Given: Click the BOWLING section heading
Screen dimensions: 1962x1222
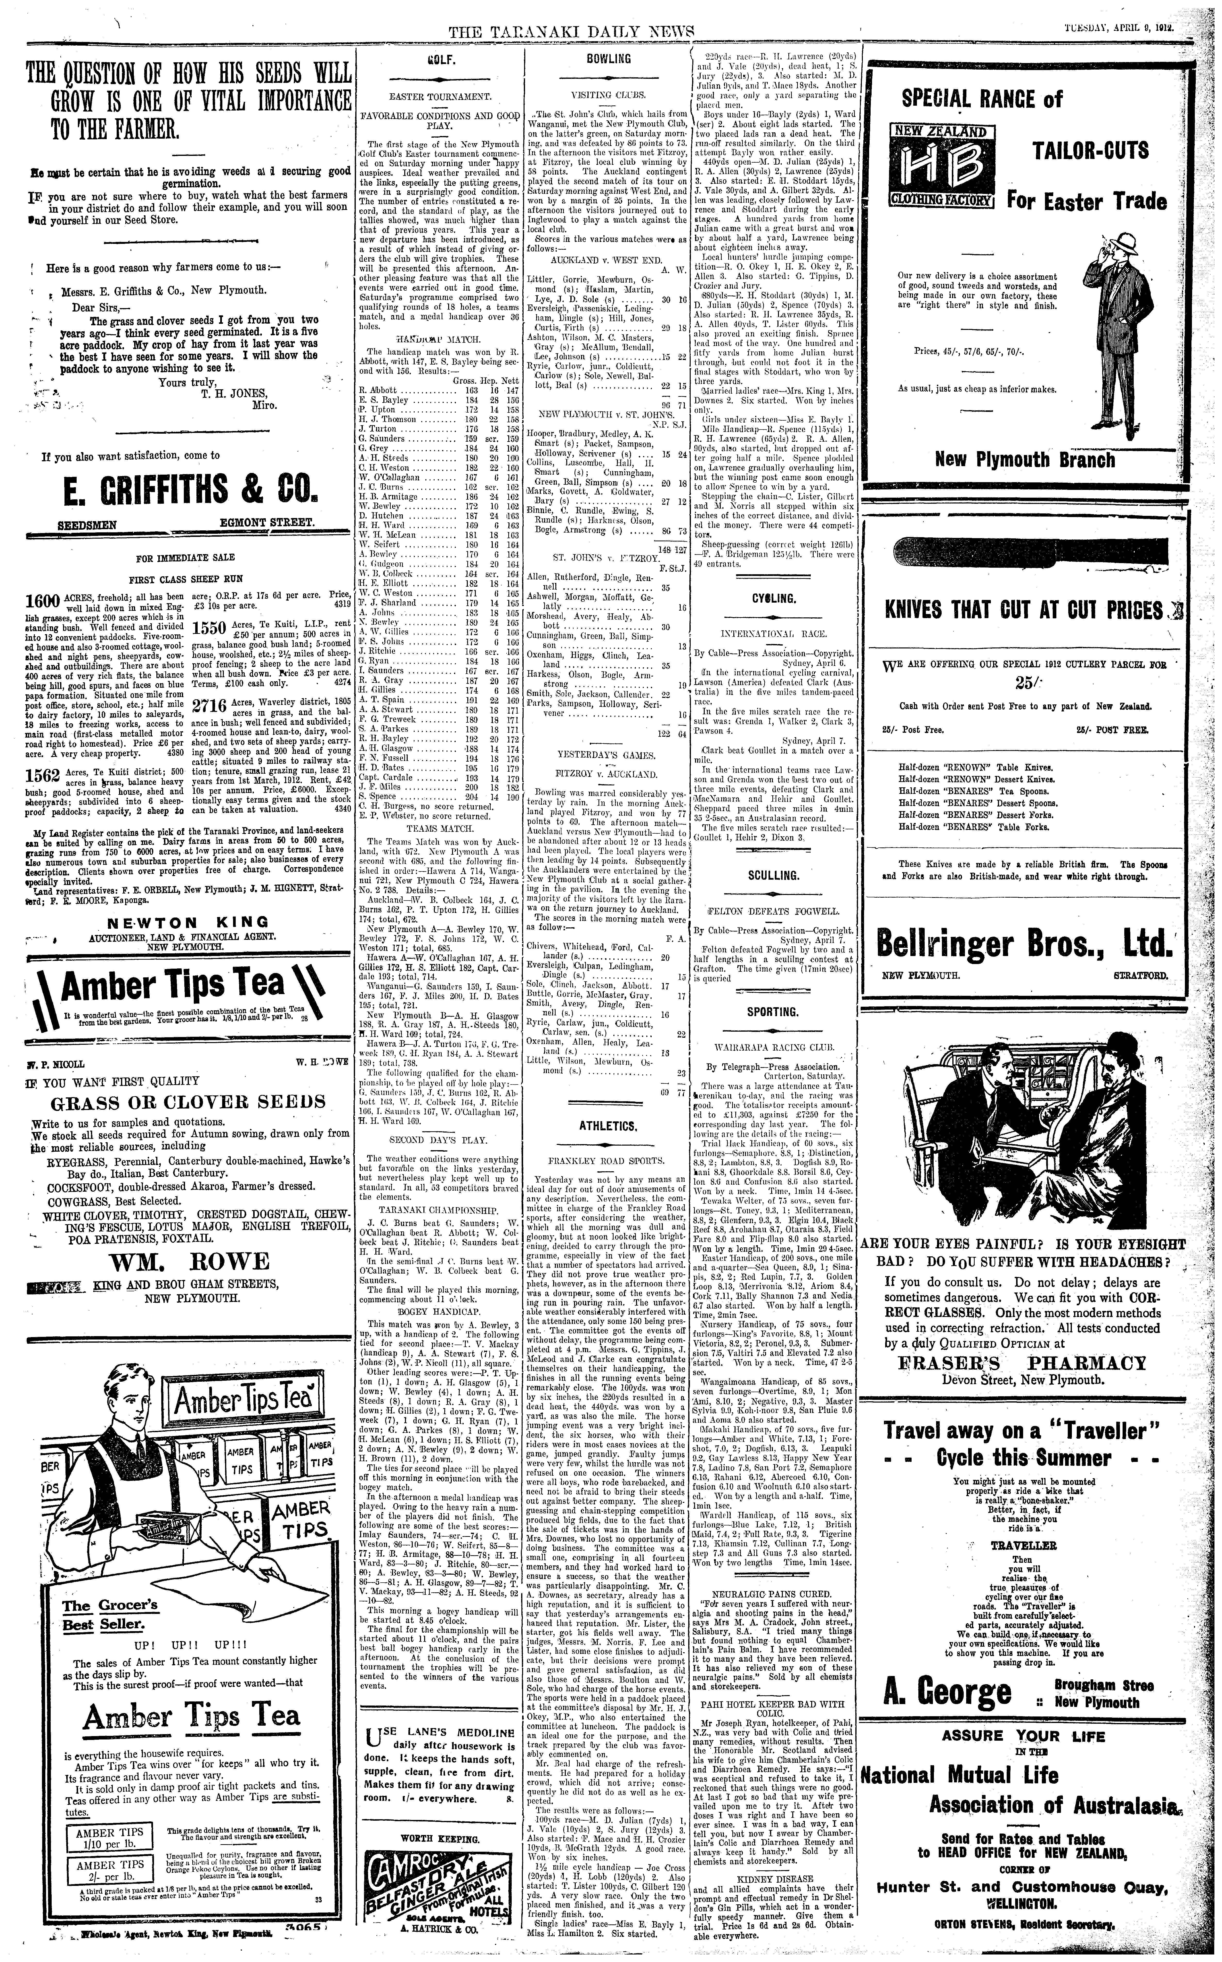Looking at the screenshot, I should (609, 59).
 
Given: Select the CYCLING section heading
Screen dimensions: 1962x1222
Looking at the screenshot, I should (773, 598).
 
